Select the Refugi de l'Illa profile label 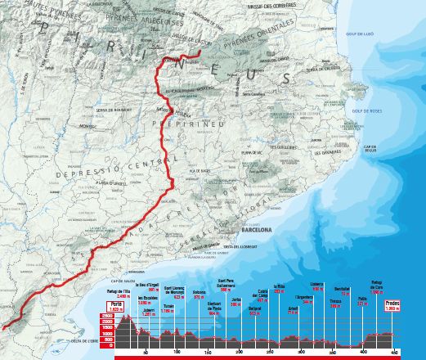tap(119, 292)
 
